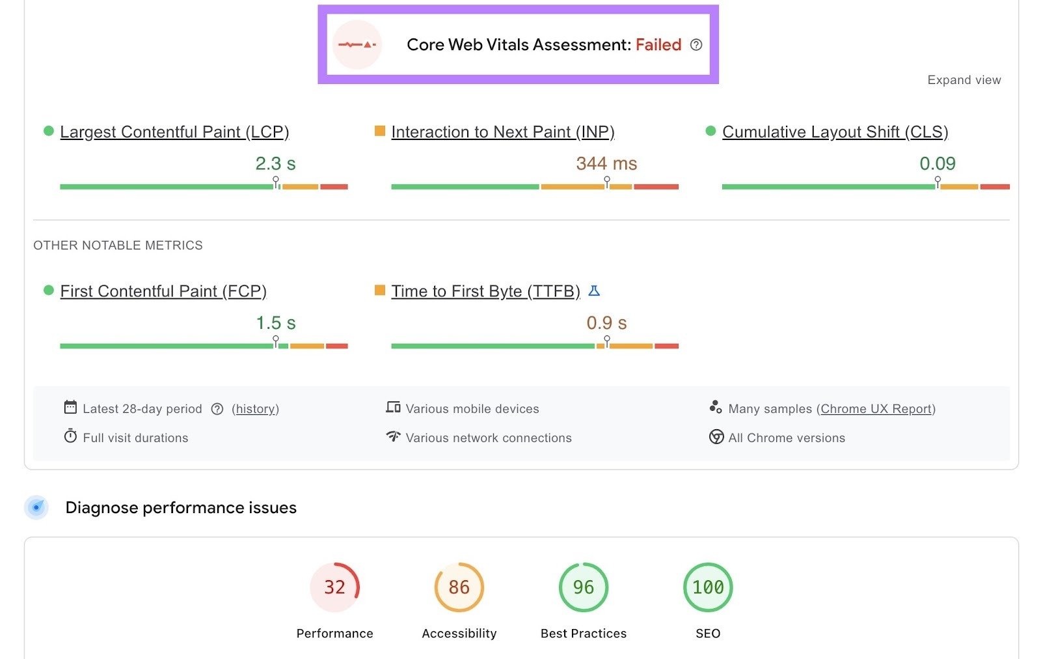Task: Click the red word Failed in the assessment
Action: click(x=658, y=45)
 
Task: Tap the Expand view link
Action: click(x=964, y=80)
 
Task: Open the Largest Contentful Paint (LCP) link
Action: click(x=174, y=132)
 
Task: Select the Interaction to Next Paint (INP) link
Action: click(x=502, y=132)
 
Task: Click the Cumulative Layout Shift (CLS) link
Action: click(x=835, y=132)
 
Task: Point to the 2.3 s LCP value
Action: click(x=275, y=163)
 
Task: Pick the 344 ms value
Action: click(x=606, y=163)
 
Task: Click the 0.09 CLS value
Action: click(x=937, y=163)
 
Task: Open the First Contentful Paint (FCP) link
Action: click(x=163, y=291)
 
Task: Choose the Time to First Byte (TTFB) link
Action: click(x=485, y=291)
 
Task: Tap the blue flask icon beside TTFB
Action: click(x=594, y=290)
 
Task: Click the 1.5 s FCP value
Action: click(x=275, y=323)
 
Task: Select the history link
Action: click(x=255, y=409)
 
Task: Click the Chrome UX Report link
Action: click(x=876, y=409)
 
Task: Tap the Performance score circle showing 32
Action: click(x=334, y=587)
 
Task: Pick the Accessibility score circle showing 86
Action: click(x=459, y=587)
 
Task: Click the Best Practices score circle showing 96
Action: click(x=584, y=587)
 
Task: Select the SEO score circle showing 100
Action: click(x=708, y=587)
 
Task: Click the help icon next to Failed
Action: click(x=696, y=45)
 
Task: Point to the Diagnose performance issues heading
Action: click(x=181, y=508)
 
